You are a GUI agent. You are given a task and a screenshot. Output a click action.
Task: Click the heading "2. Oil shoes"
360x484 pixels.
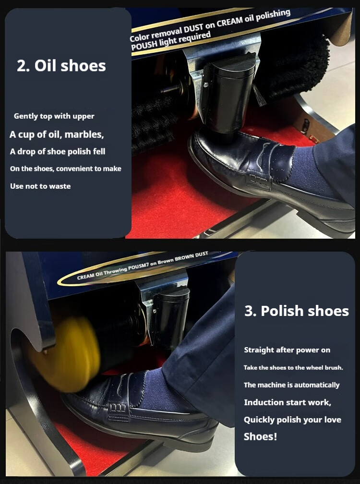click(x=61, y=66)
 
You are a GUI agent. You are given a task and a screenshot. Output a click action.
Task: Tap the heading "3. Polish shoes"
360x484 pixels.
click(x=297, y=311)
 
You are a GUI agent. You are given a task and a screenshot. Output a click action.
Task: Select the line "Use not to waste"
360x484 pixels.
click(x=40, y=186)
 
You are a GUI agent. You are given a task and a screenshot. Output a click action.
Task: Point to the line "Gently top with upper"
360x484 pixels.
click(x=54, y=116)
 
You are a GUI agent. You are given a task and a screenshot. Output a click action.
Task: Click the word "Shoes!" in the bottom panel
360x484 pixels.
click(x=260, y=436)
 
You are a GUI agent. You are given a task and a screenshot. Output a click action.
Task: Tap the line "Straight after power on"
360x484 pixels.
click(x=287, y=350)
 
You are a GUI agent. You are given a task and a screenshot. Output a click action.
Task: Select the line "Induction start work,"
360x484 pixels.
click(x=288, y=402)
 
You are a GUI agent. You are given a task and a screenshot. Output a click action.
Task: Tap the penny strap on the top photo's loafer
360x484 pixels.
click(x=259, y=181)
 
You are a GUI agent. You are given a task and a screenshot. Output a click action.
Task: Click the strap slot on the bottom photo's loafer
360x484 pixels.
click(x=118, y=408)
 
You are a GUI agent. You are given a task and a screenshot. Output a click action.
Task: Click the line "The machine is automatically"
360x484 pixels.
click(x=291, y=385)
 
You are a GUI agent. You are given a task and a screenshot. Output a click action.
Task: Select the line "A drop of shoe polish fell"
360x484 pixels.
click(x=58, y=152)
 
